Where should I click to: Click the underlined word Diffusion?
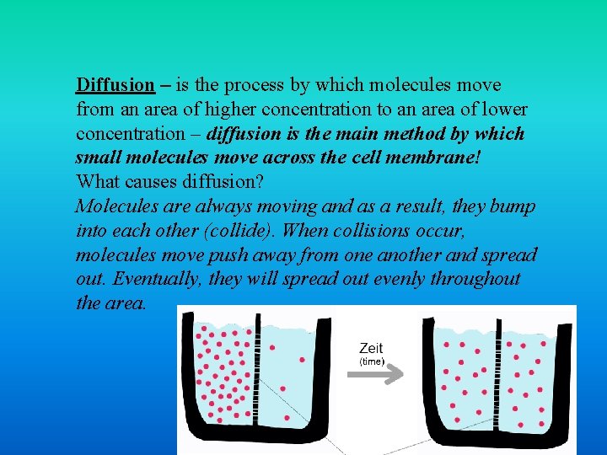115,85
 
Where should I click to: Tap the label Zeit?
371,349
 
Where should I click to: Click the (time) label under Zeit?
372,361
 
